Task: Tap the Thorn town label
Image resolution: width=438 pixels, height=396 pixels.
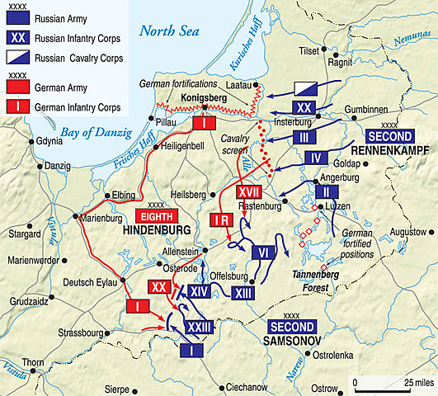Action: click(32, 362)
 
